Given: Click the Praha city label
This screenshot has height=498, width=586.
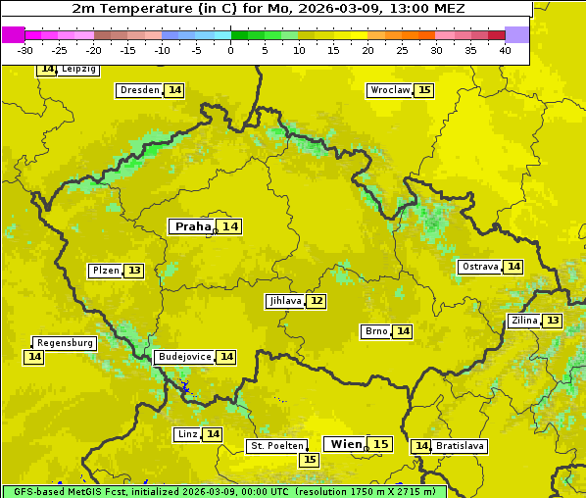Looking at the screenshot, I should click(x=192, y=226).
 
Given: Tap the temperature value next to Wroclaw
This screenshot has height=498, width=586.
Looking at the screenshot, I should click(x=423, y=90).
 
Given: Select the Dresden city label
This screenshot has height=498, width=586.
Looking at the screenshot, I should click(x=139, y=90).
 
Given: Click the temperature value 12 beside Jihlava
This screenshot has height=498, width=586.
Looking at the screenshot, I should click(x=316, y=301).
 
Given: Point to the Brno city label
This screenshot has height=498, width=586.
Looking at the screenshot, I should click(x=375, y=331).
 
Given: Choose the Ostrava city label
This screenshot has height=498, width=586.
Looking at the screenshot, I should click(x=479, y=267).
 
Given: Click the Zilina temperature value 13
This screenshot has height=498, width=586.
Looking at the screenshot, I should click(x=553, y=321).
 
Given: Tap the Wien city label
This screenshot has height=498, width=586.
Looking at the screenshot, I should click(x=346, y=444).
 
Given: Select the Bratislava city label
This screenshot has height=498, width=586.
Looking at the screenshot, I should click(x=461, y=446).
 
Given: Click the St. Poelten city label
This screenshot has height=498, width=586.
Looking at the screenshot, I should click(x=276, y=446).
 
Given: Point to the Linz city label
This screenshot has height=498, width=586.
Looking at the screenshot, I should click(x=187, y=434).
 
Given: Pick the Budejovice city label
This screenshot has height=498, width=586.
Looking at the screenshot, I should click(x=183, y=357).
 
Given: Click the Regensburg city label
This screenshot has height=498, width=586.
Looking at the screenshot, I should click(x=65, y=343).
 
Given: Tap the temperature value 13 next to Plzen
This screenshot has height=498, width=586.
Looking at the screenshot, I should click(x=134, y=271).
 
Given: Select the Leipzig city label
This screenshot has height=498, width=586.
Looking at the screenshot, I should click(x=78, y=70).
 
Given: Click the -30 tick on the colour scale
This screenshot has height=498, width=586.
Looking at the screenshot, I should click(x=25, y=50).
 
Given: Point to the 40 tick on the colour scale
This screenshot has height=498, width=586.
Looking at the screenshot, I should click(x=505, y=50).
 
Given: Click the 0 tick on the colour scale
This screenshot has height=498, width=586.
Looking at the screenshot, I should click(x=230, y=50).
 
